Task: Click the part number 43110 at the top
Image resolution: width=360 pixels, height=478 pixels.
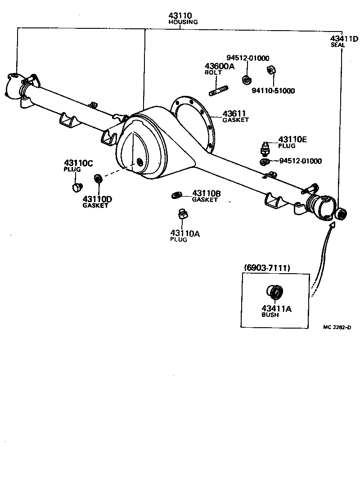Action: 180,15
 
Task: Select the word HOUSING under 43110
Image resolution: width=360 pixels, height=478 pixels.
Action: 183,22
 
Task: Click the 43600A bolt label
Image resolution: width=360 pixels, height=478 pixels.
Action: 220,66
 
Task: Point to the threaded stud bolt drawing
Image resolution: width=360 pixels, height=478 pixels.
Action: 217,87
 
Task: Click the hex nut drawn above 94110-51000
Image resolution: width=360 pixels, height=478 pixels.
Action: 271,70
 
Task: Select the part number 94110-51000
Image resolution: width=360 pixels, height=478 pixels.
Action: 273,90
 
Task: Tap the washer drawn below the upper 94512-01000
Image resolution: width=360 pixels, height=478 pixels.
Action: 246,80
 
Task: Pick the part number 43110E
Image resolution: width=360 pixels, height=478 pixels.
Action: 292,140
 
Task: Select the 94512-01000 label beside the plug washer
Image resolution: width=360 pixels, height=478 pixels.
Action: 301,161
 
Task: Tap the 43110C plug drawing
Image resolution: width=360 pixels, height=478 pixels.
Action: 77,186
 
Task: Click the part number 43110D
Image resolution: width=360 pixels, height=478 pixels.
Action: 97,198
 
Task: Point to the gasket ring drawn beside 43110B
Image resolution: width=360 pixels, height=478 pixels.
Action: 176,194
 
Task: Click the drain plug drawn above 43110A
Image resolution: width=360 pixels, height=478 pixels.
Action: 183,215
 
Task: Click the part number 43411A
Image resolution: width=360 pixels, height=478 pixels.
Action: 277,309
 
